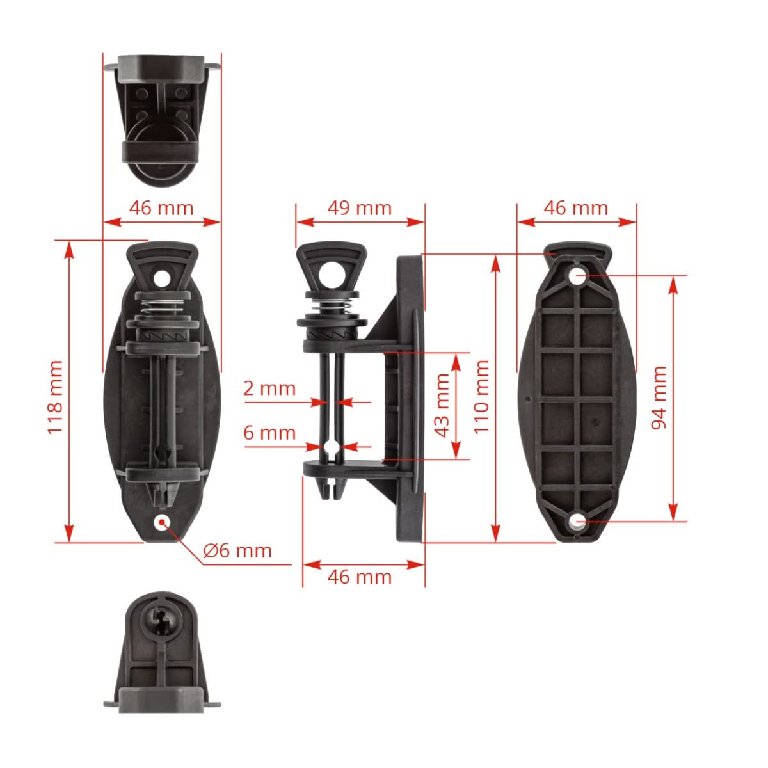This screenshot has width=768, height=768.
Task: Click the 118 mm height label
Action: tap(56, 397)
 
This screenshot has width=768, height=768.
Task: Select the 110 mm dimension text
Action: tap(481, 397)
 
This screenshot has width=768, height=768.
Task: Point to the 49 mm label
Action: tap(359, 208)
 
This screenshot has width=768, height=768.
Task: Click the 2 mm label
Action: tap(269, 388)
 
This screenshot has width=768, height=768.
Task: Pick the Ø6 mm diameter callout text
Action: tap(237, 550)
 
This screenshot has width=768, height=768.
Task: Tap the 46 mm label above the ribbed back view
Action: tap(575, 208)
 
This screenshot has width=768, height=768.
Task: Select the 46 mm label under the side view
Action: tap(359, 577)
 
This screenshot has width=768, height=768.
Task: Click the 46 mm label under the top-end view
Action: tap(161, 208)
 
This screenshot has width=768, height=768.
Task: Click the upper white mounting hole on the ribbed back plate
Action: tap(577, 276)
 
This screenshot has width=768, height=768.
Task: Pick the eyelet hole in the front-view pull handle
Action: tap(161, 277)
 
